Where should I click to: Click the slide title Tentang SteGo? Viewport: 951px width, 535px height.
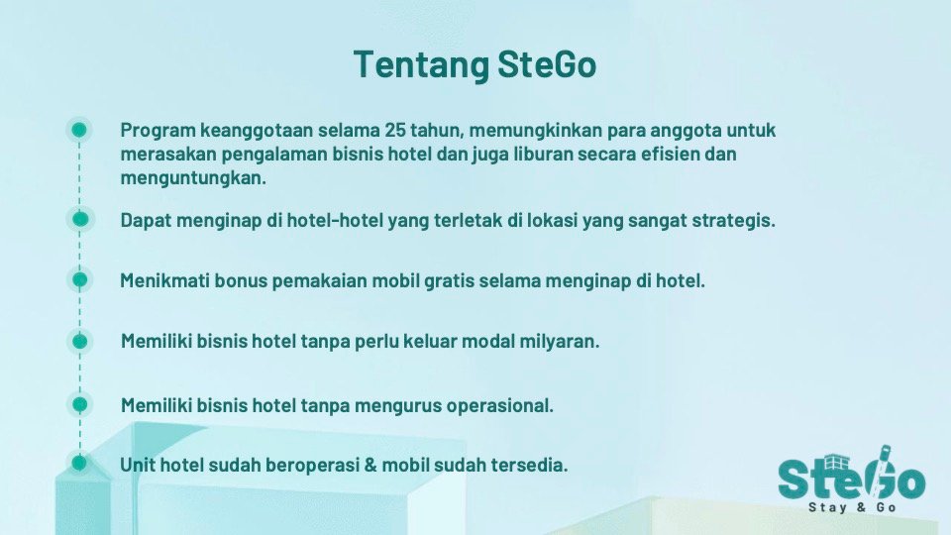[475, 65]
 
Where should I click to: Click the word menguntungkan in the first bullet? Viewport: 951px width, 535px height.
[193, 179]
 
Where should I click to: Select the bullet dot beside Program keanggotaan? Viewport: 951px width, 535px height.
[79, 130]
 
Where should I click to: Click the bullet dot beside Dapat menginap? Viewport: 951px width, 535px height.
[80, 219]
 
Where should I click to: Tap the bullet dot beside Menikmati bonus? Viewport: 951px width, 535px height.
[79, 279]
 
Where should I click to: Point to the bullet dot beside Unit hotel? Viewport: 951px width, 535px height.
[79, 463]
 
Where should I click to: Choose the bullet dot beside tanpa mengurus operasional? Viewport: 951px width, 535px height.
[79, 404]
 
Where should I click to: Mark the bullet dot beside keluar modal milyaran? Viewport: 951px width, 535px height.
[79, 341]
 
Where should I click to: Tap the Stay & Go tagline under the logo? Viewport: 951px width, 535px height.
[852, 507]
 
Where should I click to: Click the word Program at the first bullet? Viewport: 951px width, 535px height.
[158, 131]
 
